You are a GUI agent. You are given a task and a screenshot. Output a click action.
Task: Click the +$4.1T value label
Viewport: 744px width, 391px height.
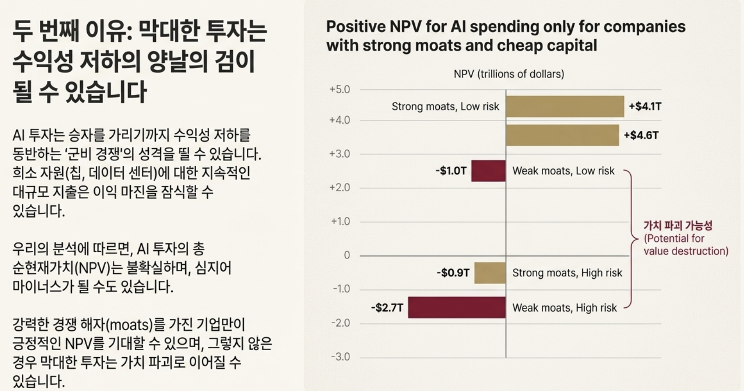tap(645, 106)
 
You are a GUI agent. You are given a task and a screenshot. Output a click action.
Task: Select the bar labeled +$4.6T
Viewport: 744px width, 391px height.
tap(562, 135)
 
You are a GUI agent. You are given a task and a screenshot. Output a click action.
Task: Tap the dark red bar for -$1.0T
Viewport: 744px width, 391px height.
tap(488, 171)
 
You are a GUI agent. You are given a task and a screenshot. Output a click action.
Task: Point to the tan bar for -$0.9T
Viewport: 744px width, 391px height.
tap(490, 273)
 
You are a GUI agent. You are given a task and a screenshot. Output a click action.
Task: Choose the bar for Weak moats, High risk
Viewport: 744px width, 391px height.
tap(456, 307)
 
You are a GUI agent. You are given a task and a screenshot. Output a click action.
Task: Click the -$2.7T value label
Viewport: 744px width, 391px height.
tap(387, 307)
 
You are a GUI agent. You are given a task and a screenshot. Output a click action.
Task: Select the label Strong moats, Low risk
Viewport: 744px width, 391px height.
tap(445, 106)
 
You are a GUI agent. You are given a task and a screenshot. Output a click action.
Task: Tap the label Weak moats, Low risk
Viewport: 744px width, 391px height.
tap(563, 171)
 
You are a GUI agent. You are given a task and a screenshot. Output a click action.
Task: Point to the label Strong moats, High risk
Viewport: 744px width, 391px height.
tap(567, 273)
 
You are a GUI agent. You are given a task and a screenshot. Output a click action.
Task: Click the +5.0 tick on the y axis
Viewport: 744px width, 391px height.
tap(340, 89)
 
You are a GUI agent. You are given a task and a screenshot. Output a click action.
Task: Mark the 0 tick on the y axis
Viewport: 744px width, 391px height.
tap(346, 255)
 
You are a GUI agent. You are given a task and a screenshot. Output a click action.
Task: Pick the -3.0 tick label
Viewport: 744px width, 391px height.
tap(340, 357)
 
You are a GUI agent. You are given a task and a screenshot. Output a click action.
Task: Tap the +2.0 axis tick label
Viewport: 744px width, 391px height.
tap(340, 188)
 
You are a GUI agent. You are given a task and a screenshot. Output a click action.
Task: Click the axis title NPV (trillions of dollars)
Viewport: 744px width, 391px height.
tap(509, 74)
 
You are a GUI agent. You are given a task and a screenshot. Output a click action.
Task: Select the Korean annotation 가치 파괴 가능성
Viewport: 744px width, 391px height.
tap(678, 226)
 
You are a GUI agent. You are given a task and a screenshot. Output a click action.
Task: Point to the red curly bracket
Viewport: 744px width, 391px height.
tap(631, 239)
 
